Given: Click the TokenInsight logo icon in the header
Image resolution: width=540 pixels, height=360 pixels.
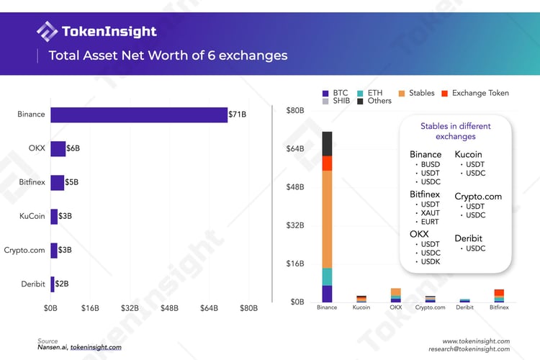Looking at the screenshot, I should pos(48,32).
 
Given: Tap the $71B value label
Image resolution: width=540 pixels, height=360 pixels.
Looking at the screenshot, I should pos(238,114).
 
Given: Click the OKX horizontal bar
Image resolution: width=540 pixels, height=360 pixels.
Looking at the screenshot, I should pos(58,148).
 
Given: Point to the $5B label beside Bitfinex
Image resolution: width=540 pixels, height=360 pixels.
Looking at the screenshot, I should pos(72,182).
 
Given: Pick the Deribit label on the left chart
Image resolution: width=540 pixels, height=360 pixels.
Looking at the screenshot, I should pos(34,284).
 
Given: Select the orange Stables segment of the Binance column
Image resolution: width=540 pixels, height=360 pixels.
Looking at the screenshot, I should pos(327,219).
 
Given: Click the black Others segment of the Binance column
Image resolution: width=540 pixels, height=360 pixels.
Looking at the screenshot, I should pos(327,143).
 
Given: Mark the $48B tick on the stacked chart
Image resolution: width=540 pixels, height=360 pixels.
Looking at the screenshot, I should pos(296,187).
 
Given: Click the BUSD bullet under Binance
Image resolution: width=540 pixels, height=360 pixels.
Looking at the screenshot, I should pos(430,165).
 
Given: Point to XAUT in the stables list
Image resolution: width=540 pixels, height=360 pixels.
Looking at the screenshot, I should pos(430,213).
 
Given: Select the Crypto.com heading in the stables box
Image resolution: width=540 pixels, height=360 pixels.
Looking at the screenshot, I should pos(478,196).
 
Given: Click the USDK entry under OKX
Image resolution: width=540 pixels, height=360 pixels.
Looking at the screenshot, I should pos(430,261).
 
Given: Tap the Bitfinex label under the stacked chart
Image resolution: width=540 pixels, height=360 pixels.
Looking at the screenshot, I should pos(498,307).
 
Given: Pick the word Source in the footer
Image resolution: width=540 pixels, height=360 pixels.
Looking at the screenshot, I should pos(48,341).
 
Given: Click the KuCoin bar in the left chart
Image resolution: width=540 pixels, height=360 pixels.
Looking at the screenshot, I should pos(54,216).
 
